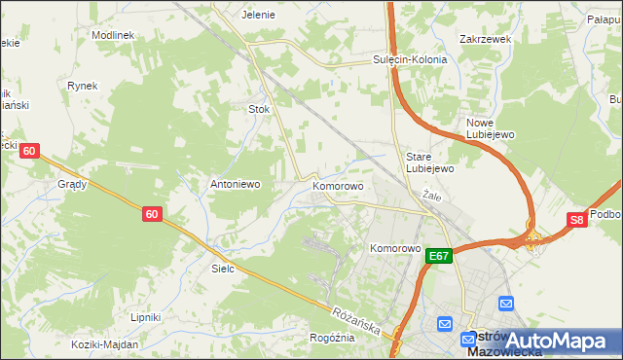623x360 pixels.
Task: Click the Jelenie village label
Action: (x=259, y=15)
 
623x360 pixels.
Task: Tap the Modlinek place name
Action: (x=112, y=34)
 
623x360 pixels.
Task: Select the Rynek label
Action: (x=83, y=86)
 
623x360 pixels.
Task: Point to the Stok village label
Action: (x=259, y=110)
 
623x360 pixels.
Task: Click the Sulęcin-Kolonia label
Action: (x=410, y=59)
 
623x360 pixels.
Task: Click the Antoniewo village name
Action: (x=236, y=183)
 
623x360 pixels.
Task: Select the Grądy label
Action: (x=72, y=183)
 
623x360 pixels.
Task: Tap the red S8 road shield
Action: (x=578, y=220)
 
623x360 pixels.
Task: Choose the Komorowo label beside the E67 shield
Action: (x=394, y=248)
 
